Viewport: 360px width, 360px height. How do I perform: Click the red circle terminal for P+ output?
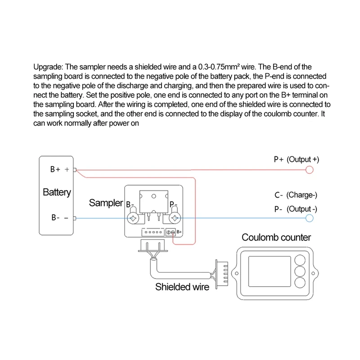point(309,170)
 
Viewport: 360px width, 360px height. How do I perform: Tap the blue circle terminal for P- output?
point(309,218)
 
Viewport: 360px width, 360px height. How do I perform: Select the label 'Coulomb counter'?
point(276,237)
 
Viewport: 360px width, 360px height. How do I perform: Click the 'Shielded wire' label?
point(182,287)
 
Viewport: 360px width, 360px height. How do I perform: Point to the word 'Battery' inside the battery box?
point(57,193)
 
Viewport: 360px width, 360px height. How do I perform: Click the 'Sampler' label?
point(106,203)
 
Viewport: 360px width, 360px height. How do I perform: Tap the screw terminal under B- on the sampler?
point(134,219)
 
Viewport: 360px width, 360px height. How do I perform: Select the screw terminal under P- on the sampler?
point(174,219)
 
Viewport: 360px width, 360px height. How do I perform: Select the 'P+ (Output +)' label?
point(296,159)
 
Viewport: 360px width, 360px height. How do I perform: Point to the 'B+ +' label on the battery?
point(59,170)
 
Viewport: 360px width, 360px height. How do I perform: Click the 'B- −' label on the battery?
point(59,218)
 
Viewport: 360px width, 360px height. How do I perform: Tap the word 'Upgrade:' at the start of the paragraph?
point(48,67)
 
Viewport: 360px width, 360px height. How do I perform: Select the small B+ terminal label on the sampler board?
point(178,232)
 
